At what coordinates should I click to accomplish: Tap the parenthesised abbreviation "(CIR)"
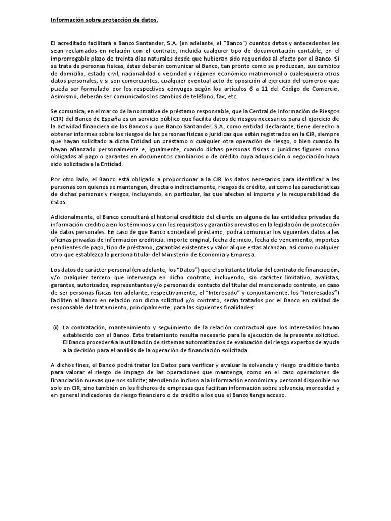point(58,119)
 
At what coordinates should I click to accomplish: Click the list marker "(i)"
point(55,327)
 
